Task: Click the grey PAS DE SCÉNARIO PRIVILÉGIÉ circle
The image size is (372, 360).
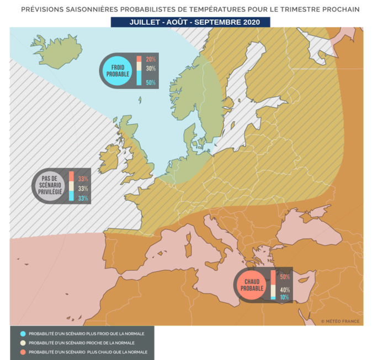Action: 50,186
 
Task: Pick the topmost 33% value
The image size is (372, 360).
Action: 83,179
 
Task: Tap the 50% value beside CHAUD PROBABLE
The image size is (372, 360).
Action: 285,277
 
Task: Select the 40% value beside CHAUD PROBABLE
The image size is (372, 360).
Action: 285,290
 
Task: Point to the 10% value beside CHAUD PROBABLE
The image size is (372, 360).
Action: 285,297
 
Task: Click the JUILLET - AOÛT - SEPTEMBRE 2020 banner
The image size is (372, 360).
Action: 190,22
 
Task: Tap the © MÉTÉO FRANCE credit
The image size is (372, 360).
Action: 340,321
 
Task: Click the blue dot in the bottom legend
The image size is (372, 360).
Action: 22,334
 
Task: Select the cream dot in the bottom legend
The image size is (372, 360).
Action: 22,342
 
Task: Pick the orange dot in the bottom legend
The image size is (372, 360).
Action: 22,351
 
